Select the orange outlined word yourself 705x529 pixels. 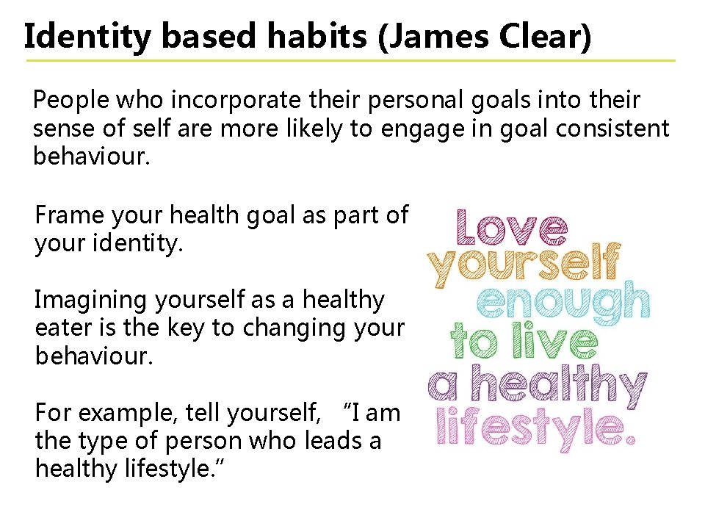(526, 265)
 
